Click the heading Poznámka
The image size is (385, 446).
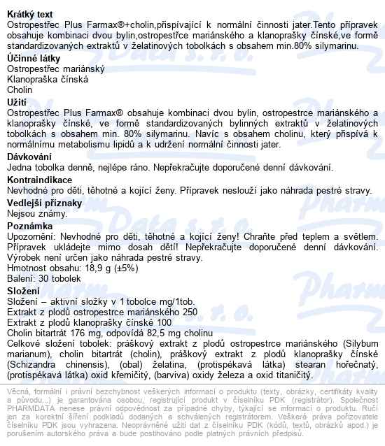[x=29, y=226]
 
